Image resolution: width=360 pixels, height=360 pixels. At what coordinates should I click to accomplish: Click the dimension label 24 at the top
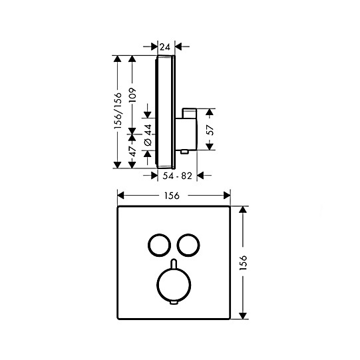(x=165, y=47)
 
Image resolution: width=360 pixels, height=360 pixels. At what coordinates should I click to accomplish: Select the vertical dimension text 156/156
(x=118, y=110)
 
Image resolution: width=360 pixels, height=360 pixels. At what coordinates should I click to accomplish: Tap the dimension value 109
(x=132, y=95)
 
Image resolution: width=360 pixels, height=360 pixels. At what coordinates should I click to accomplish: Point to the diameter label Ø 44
(x=148, y=135)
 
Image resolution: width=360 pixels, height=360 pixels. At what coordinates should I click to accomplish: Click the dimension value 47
(x=133, y=151)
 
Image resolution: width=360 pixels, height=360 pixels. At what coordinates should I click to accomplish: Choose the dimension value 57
(x=210, y=130)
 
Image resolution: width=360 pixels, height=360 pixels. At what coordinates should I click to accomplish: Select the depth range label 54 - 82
(x=177, y=176)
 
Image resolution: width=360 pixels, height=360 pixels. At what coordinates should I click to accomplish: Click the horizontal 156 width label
(x=172, y=196)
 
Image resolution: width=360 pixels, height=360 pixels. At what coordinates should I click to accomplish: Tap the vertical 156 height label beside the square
(x=243, y=263)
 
